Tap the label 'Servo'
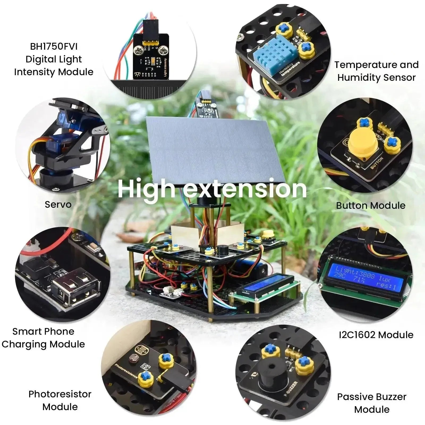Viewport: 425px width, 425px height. pos(58,205)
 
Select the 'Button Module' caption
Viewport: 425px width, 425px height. pos(371,205)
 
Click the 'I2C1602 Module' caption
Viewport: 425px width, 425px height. pos(376,335)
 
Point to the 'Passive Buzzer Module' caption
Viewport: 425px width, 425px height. pos(372,403)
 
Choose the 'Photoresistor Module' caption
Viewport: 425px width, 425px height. pos(60,400)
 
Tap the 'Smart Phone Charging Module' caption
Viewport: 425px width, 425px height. pos(43,338)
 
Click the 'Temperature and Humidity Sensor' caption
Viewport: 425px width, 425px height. pos(376,71)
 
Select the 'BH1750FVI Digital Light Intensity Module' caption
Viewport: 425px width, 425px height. pos(54,59)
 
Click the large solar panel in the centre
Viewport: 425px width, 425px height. pos(212,149)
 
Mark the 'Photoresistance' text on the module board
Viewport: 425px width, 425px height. pos(126,372)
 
